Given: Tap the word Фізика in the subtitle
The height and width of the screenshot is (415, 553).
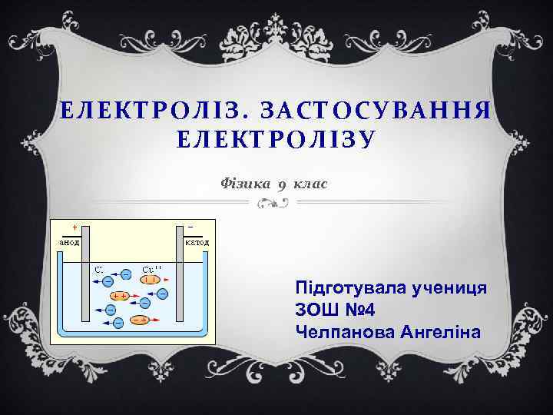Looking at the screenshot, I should tap(244, 183).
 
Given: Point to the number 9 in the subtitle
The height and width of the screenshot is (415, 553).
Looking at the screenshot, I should tap(282, 185).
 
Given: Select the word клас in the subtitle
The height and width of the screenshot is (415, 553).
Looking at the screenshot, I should tap(310, 183).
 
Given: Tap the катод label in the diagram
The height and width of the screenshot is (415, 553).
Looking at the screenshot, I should tap(197, 241).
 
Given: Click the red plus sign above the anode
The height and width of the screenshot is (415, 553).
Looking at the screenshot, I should tap(74, 227).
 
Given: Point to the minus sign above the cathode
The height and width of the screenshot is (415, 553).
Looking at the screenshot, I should tap(190, 227).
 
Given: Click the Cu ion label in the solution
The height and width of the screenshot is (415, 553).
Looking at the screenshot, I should tap(151, 270).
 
